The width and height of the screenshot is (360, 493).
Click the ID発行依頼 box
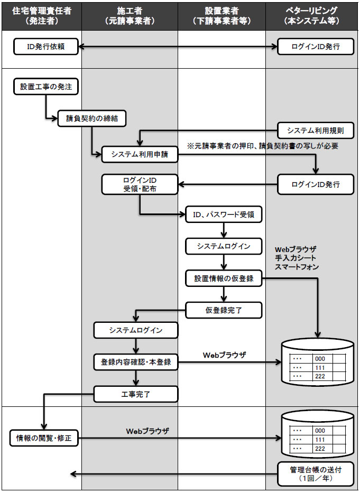pos(46,47)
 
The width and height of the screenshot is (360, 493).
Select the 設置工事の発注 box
pos(46,87)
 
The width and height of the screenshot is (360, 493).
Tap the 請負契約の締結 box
pos(92,119)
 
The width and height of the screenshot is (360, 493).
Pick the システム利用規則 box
pos(316,130)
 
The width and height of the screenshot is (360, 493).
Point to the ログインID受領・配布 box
pos(140,184)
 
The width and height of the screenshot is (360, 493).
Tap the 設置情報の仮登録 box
pos(224,278)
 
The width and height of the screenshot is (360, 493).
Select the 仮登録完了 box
pos(224,310)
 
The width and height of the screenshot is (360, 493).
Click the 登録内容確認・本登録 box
pos(136,362)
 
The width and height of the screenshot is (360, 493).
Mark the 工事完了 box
pos(136,393)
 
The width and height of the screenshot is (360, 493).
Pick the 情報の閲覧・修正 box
pos(44,438)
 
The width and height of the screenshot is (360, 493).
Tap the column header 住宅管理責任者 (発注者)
pos(41,15)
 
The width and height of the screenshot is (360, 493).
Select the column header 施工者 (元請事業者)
pos(130,15)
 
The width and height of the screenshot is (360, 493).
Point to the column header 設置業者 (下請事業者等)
pos(221,15)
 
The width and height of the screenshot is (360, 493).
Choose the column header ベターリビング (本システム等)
pos(312,15)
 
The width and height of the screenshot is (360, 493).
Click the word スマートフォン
pos(297,267)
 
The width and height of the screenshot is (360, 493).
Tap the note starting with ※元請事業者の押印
pos(263,145)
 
